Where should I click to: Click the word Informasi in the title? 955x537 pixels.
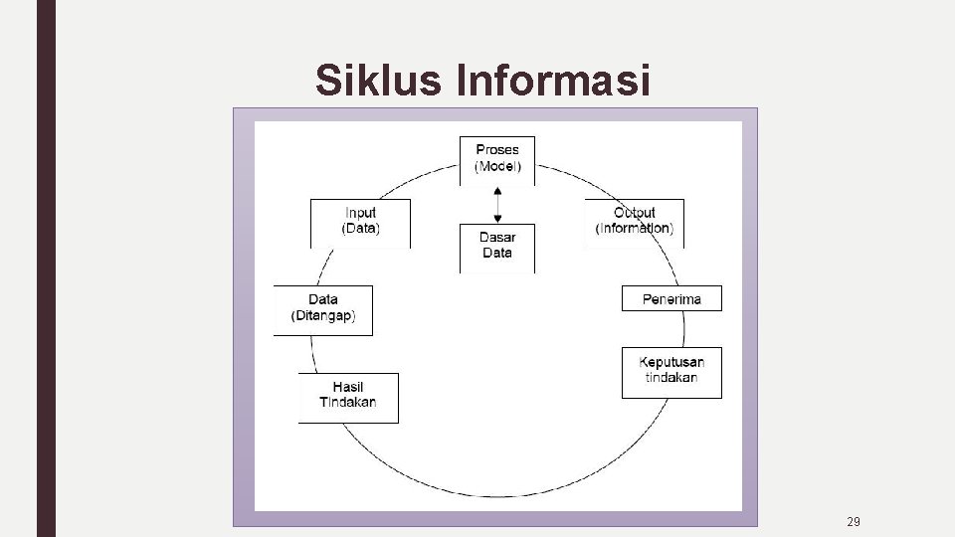[552, 82]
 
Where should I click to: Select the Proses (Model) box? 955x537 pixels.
[497, 160]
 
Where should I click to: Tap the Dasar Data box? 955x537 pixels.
[497, 247]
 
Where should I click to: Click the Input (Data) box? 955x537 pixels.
[360, 223]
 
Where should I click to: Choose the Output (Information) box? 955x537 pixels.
[635, 223]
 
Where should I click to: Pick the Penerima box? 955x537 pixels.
[671, 298]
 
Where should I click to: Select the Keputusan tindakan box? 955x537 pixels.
[671, 372]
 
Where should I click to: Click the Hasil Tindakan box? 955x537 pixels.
[348, 397]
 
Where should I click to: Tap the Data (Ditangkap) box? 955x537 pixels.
[323, 310]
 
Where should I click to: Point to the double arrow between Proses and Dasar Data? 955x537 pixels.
[497, 205]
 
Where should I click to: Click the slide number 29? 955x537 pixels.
[853, 521]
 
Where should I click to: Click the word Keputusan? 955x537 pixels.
[671, 363]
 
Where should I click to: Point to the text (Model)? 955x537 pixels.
[497, 166]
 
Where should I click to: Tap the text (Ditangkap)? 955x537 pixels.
[323, 316]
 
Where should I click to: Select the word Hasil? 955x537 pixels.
[348, 388]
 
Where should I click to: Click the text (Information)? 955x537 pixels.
[635, 229]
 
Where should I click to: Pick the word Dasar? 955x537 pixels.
[497, 238]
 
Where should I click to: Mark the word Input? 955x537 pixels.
[360, 213]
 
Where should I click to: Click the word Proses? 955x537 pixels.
[497, 151]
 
